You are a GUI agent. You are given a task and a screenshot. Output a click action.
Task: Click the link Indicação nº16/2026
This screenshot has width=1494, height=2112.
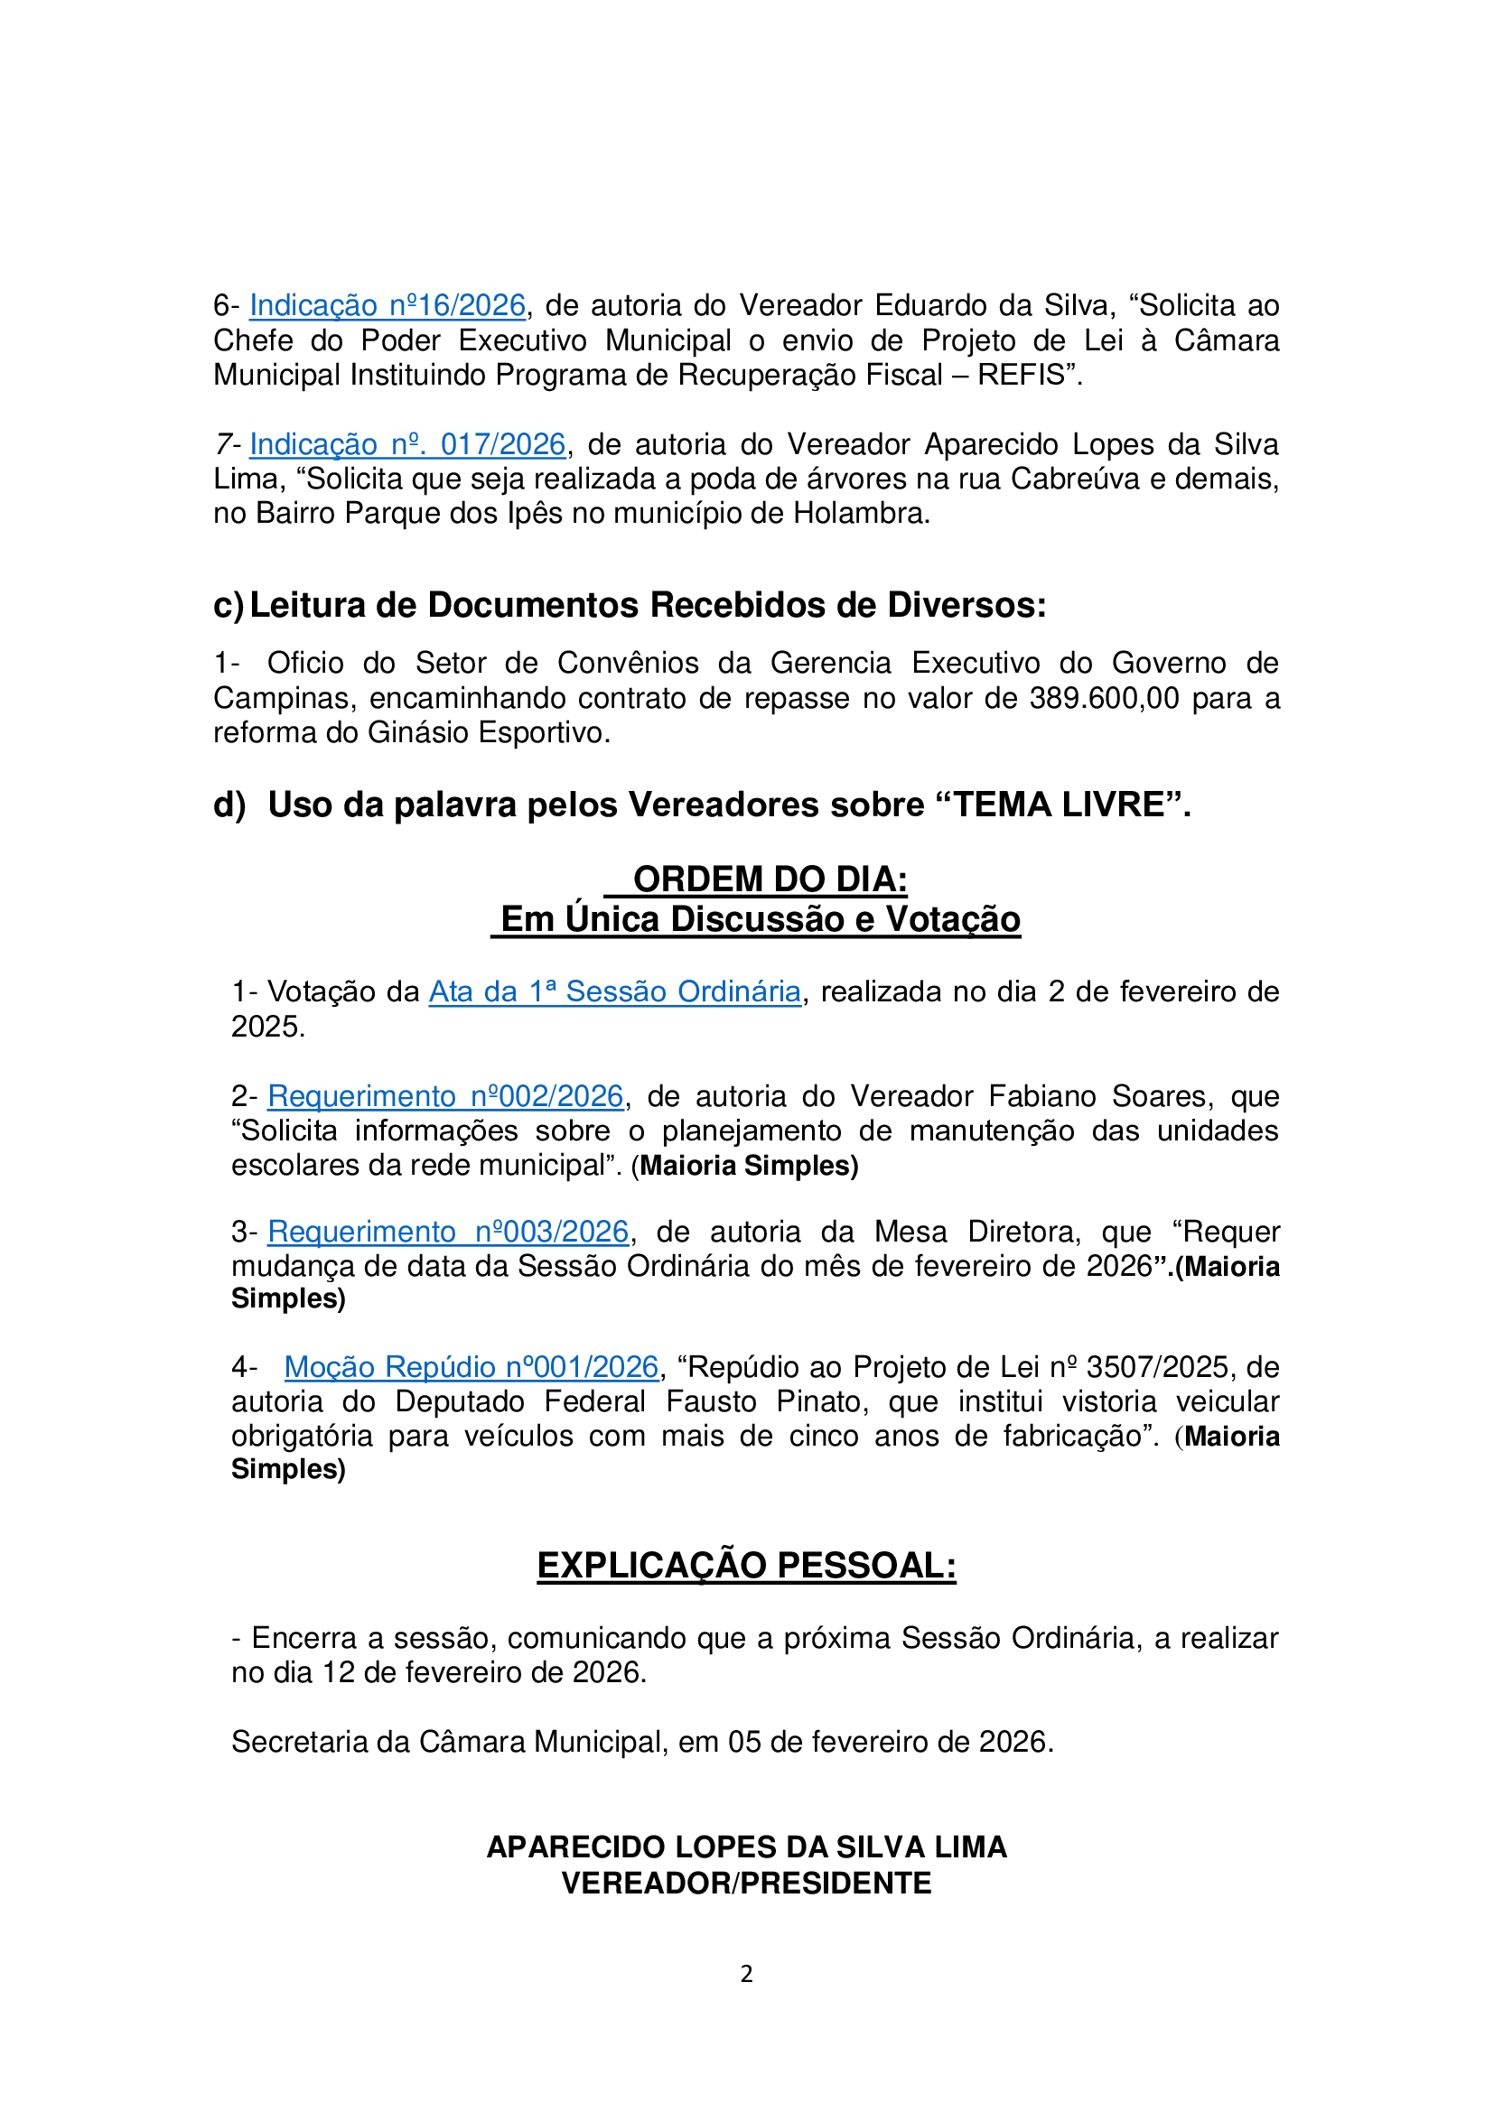(x=388, y=305)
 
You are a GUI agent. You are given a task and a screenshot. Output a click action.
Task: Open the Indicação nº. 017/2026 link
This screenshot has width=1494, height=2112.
(x=406, y=444)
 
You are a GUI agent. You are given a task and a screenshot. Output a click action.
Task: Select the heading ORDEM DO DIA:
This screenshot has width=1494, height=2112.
(x=770, y=879)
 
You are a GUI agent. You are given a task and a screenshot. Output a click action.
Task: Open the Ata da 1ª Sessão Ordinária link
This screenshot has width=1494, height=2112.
(x=614, y=991)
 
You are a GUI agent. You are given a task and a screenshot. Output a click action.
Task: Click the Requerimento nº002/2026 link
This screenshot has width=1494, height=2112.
(x=445, y=1096)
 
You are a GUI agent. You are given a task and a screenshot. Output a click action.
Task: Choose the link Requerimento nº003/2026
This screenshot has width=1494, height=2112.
(x=448, y=1232)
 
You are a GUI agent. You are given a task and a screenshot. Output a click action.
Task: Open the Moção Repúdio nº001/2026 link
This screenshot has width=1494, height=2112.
(x=471, y=1367)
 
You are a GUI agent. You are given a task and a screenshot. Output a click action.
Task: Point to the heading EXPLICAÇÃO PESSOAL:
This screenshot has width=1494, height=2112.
(x=746, y=1566)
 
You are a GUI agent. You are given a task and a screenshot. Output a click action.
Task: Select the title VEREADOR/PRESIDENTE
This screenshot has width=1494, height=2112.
(x=746, y=1884)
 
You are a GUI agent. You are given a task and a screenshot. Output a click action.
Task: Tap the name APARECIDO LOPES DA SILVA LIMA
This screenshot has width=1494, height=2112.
(x=746, y=1847)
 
